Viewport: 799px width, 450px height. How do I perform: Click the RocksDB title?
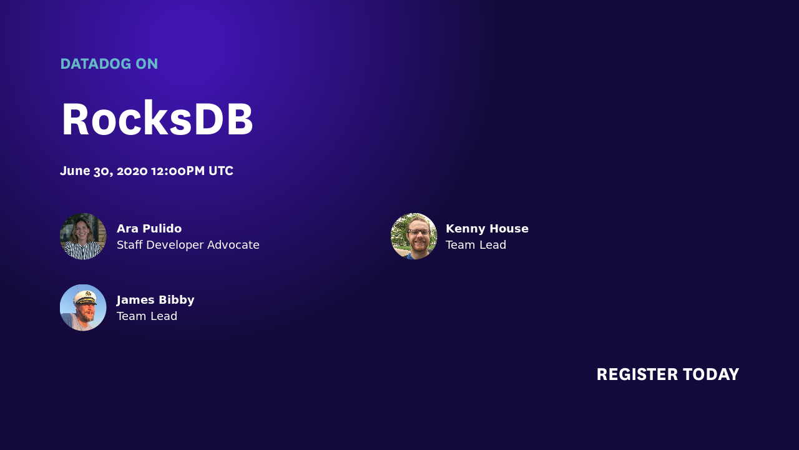(157, 119)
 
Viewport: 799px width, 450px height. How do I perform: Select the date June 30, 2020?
(104, 171)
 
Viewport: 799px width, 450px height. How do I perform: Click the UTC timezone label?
(221, 171)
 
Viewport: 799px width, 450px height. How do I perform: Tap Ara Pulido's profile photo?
(83, 236)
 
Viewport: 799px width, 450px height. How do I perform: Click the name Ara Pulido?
(149, 229)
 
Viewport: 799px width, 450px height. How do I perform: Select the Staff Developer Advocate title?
(188, 245)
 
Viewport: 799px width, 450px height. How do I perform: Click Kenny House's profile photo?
(414, 236)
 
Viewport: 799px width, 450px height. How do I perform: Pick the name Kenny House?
(487, 229)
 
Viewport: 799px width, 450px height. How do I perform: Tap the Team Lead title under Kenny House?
(476, 245)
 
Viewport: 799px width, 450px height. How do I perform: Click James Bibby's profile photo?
(83, 307)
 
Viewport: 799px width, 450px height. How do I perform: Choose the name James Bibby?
(155, 300)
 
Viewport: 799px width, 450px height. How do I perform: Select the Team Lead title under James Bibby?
(147, 316)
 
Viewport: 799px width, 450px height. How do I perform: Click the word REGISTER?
(637, 374)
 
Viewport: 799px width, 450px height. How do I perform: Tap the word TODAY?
(711, 374)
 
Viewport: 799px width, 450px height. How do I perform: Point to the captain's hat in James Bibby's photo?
(86, 296)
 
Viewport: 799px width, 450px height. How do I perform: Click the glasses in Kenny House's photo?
(418, 232)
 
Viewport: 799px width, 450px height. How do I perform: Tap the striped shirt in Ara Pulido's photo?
(83, 251)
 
